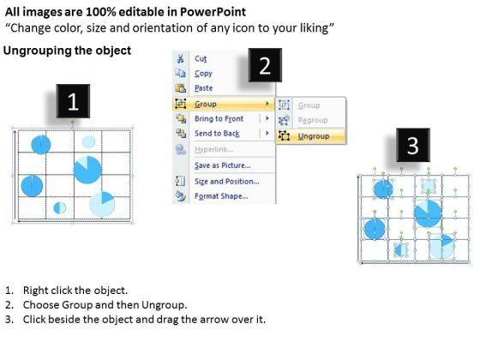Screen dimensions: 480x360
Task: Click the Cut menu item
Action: coord(201,58)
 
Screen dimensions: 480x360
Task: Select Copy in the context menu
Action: coord(203,74)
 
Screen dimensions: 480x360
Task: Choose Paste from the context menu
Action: coord(204,88)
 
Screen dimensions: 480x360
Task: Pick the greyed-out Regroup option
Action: coord(313,120)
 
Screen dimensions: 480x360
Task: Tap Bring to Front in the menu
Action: coord(219,118)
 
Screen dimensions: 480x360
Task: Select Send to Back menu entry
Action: coord(217,134)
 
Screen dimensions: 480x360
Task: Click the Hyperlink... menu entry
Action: coord(213,149)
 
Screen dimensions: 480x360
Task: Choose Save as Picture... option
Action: coord(223,165)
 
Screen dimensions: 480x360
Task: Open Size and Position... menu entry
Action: coord(227,182)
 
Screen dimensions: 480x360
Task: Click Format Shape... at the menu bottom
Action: coord(221,196)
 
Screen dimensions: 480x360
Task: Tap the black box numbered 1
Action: coord(73,101)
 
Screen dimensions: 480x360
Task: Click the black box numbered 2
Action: coord(265,65)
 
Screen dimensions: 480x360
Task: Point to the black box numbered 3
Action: coord(413,145)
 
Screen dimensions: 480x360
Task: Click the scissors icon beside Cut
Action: coord(180,58)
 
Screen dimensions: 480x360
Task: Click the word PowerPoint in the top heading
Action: coord(213,12)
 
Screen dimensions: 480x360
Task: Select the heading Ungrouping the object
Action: coord(67,51)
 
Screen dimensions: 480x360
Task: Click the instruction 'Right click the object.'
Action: coord(75,291)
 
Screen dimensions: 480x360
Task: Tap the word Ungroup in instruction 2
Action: coord(163,305)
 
